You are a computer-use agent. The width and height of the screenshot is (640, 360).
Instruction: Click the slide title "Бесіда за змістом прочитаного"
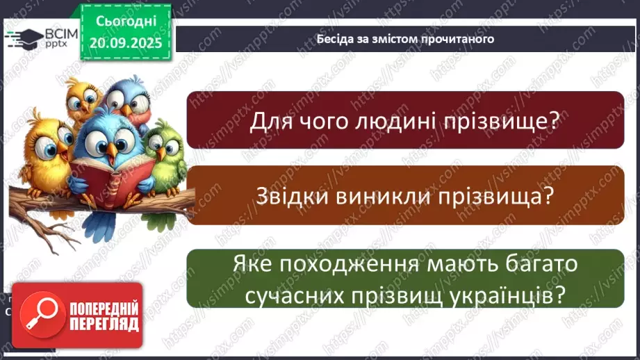405,39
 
